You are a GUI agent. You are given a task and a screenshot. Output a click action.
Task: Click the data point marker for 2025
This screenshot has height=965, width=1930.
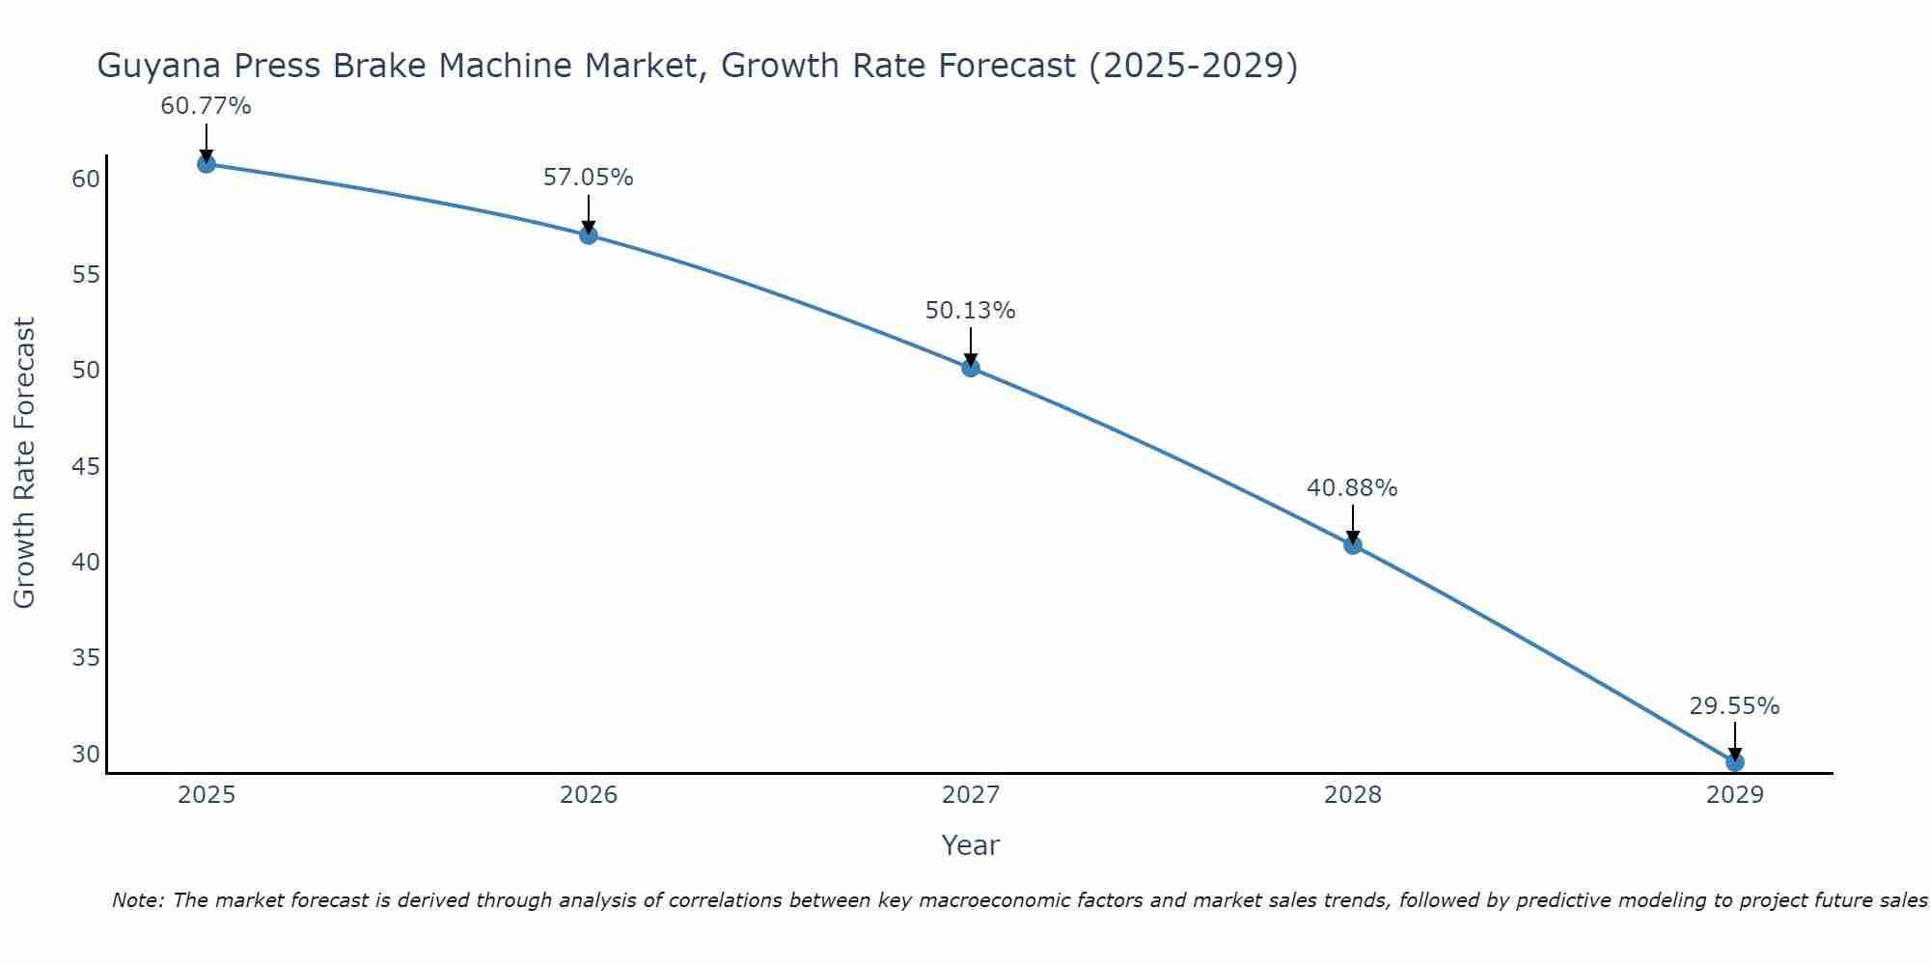click(x=206, y=164)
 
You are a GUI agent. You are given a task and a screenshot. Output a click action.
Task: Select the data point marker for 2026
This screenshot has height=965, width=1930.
click(x=589, y=235)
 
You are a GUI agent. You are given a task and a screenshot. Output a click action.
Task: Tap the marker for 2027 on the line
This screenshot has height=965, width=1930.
click(x=971, y=368)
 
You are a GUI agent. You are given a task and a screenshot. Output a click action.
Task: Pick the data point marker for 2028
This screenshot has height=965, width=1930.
click(x=1353, y=545)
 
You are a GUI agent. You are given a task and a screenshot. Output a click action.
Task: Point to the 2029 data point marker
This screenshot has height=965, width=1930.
click(x=1734, y=762)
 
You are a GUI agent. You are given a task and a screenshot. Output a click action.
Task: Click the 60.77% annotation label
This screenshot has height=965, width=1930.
click(x=206, y=106)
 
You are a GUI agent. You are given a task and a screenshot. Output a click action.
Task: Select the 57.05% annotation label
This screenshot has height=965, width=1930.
click(x=589, y=178)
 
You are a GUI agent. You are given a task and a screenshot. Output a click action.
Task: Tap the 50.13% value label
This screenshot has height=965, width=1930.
click(x=971, y=311)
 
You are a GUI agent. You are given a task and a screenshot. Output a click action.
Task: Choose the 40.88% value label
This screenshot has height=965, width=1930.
click(x=1352, y=488)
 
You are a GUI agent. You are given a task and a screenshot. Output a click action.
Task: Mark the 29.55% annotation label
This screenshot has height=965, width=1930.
click(x=1734, y=706)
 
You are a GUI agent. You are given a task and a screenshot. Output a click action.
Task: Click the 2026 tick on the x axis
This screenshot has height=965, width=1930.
click(x=589, y=795)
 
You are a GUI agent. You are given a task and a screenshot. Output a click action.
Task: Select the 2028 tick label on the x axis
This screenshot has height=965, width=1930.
click(x=1353, y=795)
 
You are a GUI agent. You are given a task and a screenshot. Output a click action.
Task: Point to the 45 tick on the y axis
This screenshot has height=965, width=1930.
click(x=86, y=467)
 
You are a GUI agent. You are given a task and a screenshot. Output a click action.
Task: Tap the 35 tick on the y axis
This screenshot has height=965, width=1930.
click(x=86, y=658)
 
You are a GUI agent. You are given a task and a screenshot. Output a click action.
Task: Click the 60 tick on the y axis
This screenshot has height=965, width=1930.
click(x=86, y=179)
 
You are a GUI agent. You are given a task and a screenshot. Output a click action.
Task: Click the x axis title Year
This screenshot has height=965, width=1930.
click(x=970, y=845)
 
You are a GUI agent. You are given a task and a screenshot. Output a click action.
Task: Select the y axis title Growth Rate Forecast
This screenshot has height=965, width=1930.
click(x=24, y=463)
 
